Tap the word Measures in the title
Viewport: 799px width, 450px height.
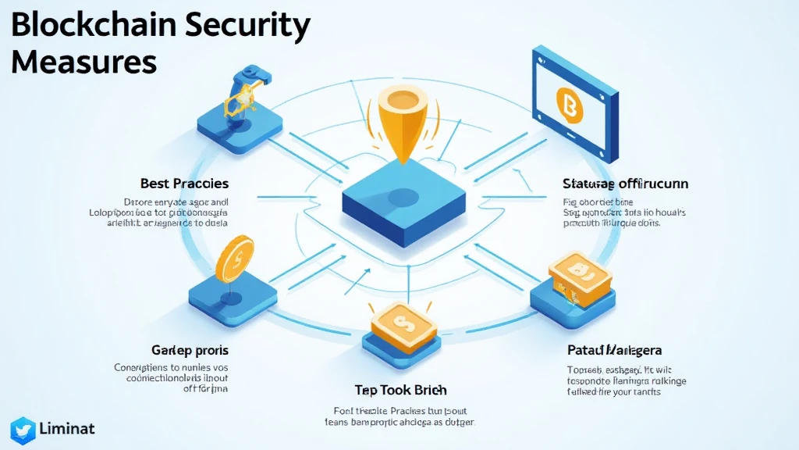click(x=84, y=62)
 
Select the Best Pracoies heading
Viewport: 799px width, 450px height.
click(x=184, y=184)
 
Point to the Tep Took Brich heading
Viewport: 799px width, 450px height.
click(x=400, y=390)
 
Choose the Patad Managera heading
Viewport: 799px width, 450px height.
click(x=615, y=351)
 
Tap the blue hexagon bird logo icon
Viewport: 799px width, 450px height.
click(x=23, y=430)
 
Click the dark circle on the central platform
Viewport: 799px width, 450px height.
click(x=403, y=197)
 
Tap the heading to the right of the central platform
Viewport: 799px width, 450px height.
click(x=625, y=184)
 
